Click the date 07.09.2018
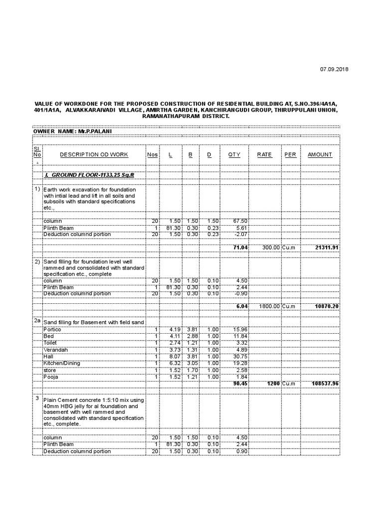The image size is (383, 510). click(334, 69)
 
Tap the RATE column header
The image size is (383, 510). click(264, 154)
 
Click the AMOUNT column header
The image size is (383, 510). click(320, 154)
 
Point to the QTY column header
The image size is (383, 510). click(234, 154)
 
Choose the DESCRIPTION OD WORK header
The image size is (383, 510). click(94, 154)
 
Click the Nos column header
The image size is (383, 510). click(152, 154)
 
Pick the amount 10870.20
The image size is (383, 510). click(327, 306)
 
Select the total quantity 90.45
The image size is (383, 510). click(240, 384)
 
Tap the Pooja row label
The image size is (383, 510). click(51, 378)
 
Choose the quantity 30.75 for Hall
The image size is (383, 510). click(240, 357)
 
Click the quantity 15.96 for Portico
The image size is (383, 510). click(240, 329)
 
